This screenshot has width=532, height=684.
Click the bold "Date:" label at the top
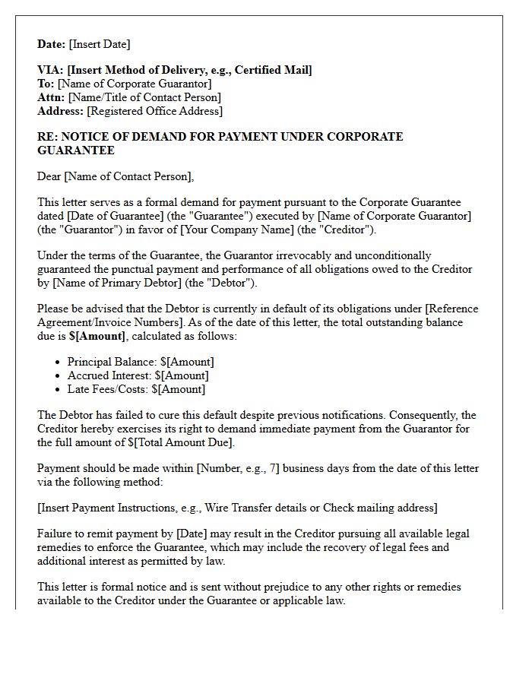pos(52,44)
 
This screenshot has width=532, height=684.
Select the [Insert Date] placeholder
pos(100,44)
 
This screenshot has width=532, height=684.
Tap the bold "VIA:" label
pos(51,70)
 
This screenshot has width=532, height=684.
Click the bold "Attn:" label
pos(52,97)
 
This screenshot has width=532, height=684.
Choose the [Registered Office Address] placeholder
pos(155,111)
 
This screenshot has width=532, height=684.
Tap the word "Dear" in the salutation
pos(49,177)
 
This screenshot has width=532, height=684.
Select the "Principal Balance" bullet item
pos(141,362)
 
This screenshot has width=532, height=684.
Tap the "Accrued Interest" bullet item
pos(138,375)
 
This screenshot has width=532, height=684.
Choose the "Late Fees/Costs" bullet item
pos(136,389)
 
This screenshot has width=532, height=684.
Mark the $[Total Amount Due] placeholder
pos(182,442)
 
